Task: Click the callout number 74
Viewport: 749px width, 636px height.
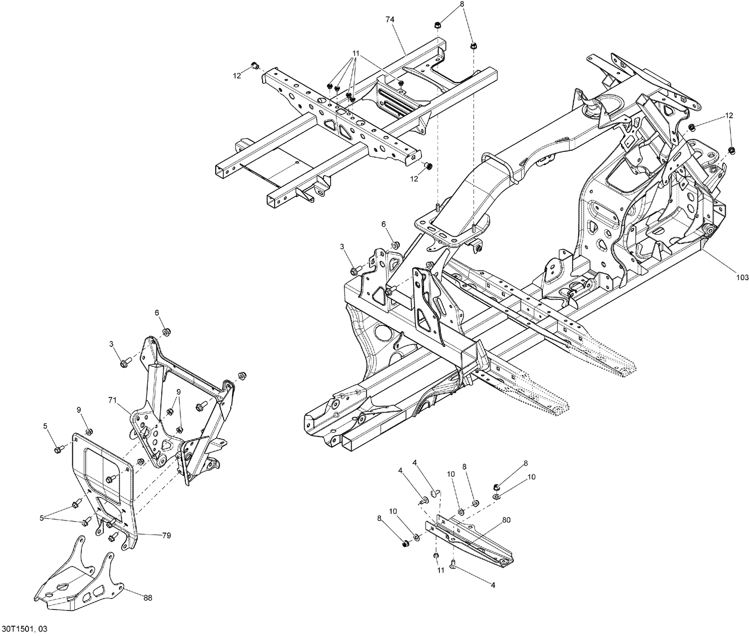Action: click(x=390, y=19)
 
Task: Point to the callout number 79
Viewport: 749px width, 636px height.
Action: click(x=166, y=535)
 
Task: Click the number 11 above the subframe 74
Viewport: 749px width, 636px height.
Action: click(x=356, y=52)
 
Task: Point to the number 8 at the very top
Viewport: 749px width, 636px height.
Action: click(x=462, y=3)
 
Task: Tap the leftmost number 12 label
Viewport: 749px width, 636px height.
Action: click(x=236, y=75)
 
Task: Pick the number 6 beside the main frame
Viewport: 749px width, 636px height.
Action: click(x=384, y=224)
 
